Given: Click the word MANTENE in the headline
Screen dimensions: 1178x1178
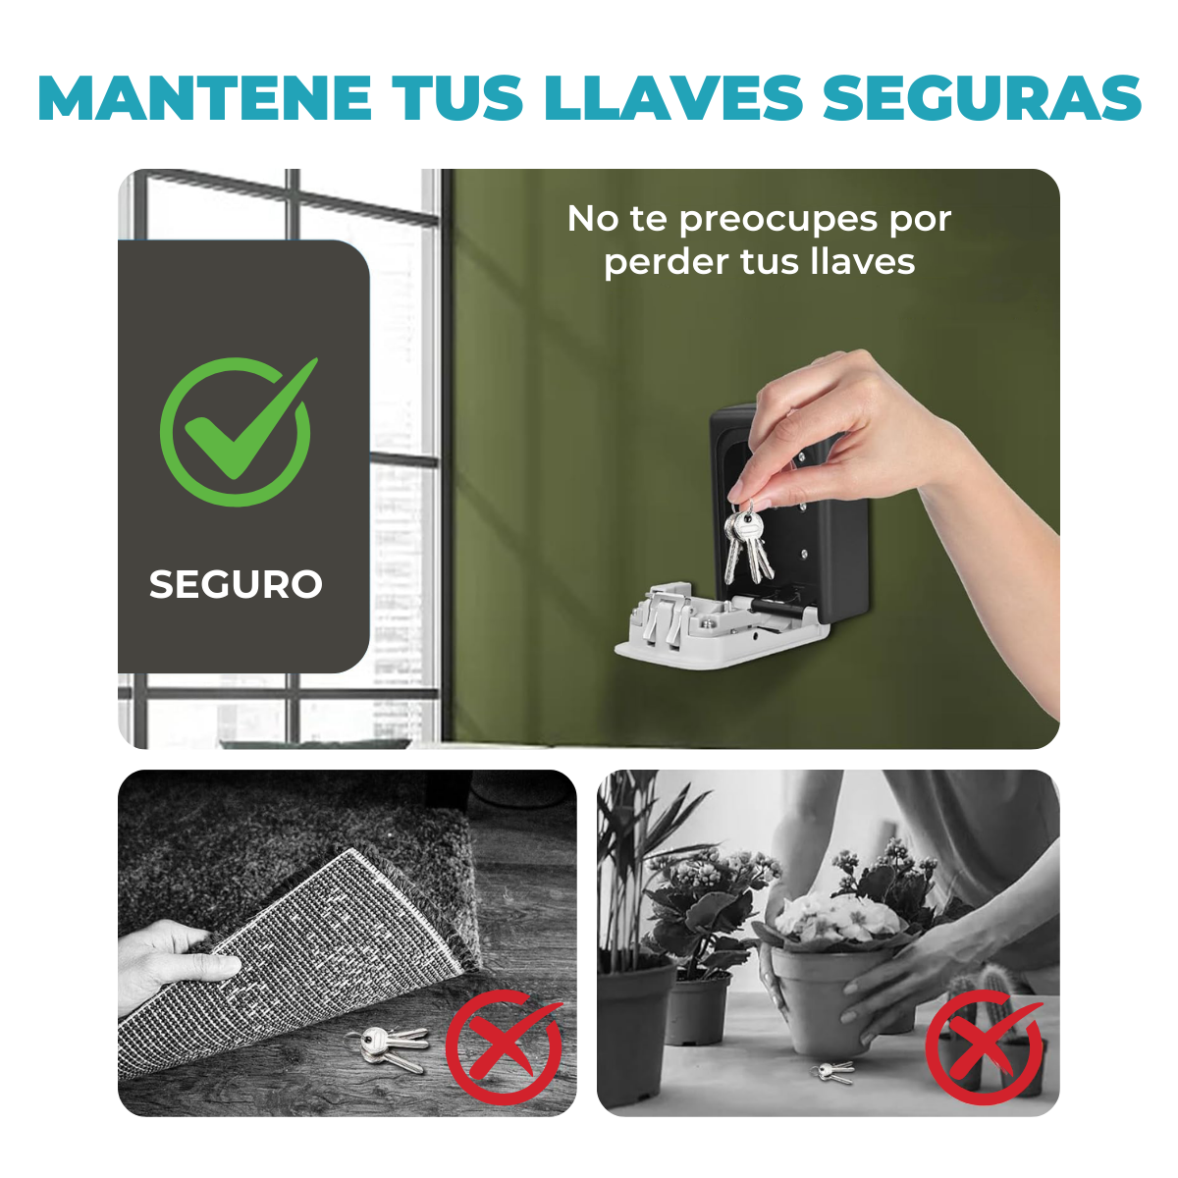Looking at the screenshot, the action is coord(204,98).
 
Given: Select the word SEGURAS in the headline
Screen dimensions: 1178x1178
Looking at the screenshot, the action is coord(981,98).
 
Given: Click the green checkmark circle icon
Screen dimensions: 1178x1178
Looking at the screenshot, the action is coord(238,431).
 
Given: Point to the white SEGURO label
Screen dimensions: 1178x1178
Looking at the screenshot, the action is coord(236,584).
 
